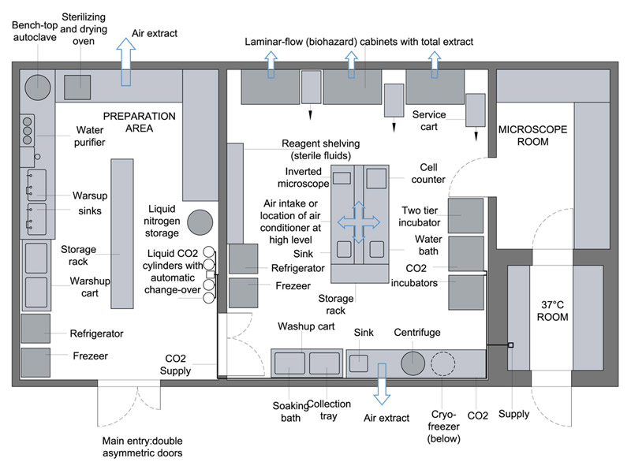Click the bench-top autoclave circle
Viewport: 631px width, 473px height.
coord(38,88)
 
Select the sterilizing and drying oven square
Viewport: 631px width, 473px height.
coord(77,87)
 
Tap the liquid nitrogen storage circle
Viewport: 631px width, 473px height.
coord(200,222)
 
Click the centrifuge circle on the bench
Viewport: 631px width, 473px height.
coord(413,363)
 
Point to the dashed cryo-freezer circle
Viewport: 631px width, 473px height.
coord(443,363)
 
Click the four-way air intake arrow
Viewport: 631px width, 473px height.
coord(359,222)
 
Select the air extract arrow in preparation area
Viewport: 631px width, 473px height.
coord(126,61)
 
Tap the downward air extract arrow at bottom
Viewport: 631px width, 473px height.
coord(382,384)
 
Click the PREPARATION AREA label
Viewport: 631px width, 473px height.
coord(140,122)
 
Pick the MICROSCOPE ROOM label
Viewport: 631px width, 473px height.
coord(533,136)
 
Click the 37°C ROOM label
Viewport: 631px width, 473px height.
coord(553,311)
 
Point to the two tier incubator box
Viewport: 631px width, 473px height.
coord(465,215)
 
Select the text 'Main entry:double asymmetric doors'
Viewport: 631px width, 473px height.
coord(143,447)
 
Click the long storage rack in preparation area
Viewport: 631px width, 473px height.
coord(122,233)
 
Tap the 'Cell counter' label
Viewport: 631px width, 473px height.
coord(428,173)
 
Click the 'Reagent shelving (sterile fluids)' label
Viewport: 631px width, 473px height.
coord(321,150)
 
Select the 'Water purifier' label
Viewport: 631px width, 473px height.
coord(90,136)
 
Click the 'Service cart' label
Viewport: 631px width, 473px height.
coord(429,121)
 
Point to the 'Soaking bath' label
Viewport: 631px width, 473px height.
coord(290,412)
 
